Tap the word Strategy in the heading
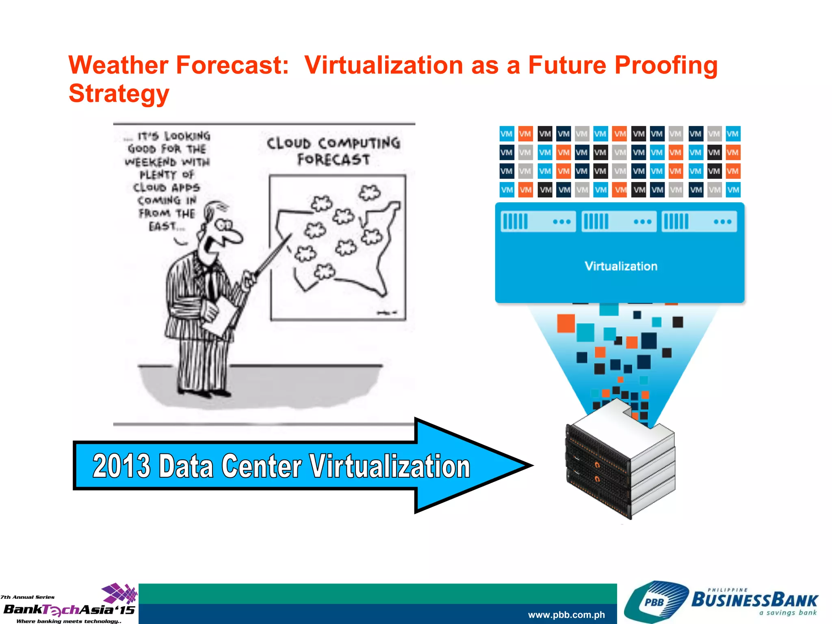pyautogui.click(x=119, y=94)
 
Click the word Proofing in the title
pyautogui.click(x=666, y=65)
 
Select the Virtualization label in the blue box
pyautogui.click(x=621, y=266)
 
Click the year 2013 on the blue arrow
pyautogui.click(x=121, y=466)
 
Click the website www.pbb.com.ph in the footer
pyautogui.click(x=566, y=615)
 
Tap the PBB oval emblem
pyautogui.click(x=654, y=602)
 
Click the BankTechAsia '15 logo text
pyautogui.click(x=69, y=610)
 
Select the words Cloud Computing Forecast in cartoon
pyautogui.click(x=333, y=151)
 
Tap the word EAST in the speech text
pyautogui.click(x=162, y=226)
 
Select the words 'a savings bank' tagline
pyautogui.click(x=788, y=613)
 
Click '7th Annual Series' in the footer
pyautogui.click(x=28, y=597)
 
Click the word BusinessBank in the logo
pyautogui.click(x=754, y=600)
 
